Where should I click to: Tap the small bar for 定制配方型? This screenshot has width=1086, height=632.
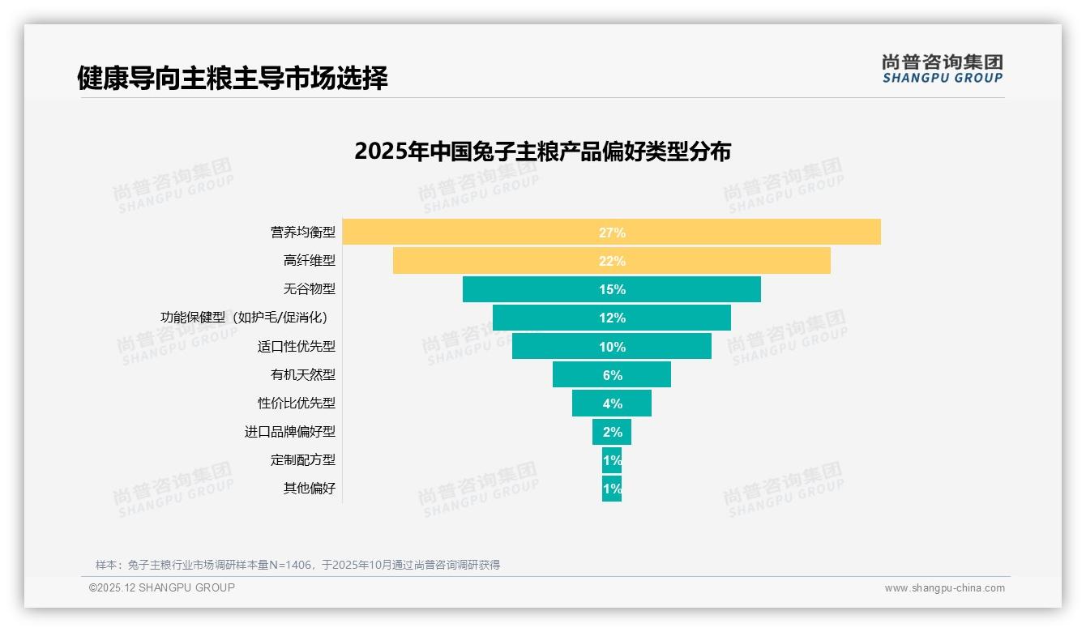click(x=612, y=460)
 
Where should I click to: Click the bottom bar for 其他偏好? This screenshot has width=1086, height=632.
click(x=612, y=489)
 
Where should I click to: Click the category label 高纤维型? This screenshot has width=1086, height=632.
click(x=309, y=261)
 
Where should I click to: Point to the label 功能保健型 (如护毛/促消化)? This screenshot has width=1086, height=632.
click(x=247, y=318)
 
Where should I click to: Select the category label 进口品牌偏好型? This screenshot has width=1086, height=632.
click(x=289, y=432)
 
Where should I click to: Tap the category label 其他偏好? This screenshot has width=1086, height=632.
click(x=309, y=489)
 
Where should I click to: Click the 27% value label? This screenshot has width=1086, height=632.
click(x=612, y=233)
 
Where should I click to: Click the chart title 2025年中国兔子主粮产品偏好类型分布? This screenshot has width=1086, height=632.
click(x=542, y=152)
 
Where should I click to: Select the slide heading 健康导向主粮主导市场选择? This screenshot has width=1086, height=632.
click(x=233, y=78)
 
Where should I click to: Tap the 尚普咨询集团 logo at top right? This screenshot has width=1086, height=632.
click(x=942, y=69)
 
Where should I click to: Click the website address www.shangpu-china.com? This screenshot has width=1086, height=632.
click(x=944, y=588)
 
